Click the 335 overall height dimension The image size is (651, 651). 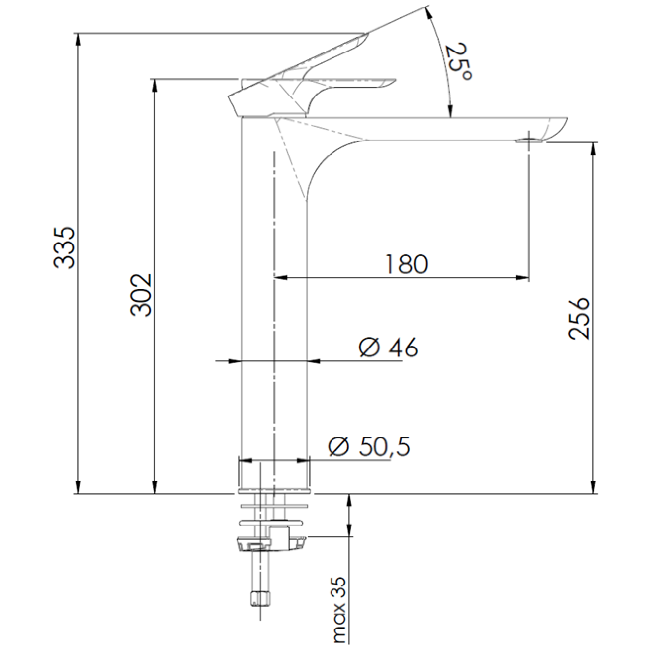(64, 248)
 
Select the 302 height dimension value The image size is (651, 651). (141, 295)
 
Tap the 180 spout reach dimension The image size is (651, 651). (406, 264)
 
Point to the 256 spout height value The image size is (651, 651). (579, 319)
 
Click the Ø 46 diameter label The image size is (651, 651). (388, 347)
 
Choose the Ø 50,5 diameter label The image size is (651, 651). (370, 447)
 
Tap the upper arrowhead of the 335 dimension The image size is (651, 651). (78, 39)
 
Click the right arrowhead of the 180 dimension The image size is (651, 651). (522, 278)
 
